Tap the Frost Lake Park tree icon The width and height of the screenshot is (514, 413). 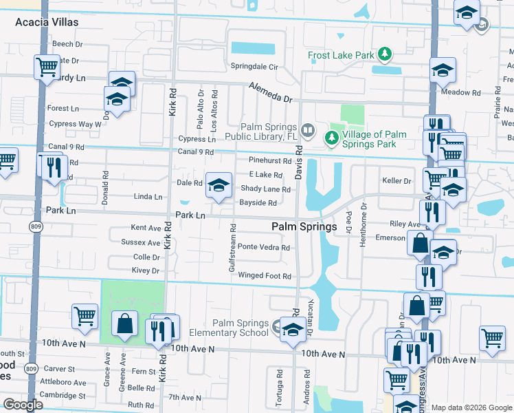click(385, 54)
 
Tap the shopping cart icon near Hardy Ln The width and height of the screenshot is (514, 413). click(47, 67)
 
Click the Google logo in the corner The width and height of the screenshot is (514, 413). click(23, 405)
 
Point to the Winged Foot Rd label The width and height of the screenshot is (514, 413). click(265, 276)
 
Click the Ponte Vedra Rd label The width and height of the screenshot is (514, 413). click(264, 247)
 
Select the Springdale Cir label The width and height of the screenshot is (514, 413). click(254, 67)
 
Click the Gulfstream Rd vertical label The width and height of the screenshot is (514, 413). click(234, 247)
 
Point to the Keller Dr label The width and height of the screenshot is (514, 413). click(396, 181)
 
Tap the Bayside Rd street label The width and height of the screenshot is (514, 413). click(258, 203)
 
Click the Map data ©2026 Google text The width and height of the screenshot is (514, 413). click(471, 407)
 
